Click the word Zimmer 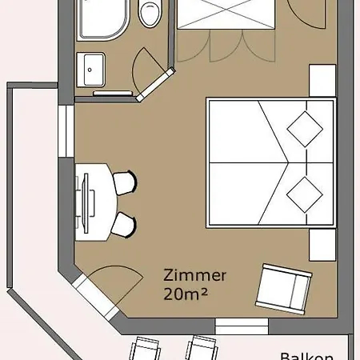coord(195,275)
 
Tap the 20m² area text coord(186,294)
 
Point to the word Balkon coord(306,357)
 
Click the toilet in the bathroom coord(149,13)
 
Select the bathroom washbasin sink coord(90,70)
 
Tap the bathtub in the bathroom coord(102,18)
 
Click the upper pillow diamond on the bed coord(305,129)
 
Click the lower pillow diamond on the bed coord(305,194)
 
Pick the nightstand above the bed coord(322,80)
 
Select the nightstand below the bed coord(322,245)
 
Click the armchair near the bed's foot coord(283,289)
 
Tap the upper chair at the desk coord(125,182)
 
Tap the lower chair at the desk coord(124,225)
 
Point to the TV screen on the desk coord(86,203)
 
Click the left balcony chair coord(146,349)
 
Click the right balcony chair coord(202,348)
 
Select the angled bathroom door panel coord(155,85)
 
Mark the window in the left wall coord(66,131)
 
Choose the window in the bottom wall coord(242,326)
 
